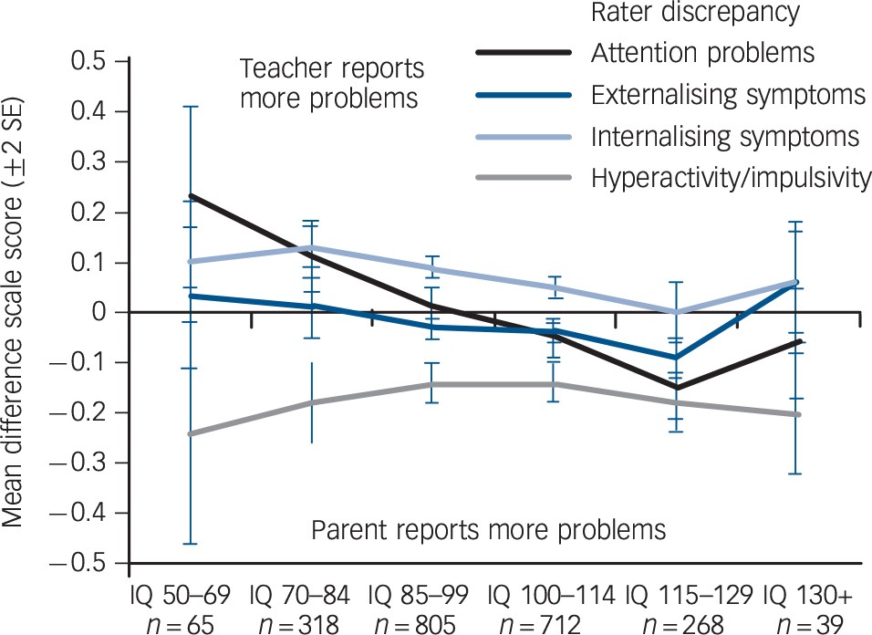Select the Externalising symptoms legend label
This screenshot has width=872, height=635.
727,94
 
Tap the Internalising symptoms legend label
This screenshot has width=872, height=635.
724,137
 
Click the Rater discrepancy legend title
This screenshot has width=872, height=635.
695,13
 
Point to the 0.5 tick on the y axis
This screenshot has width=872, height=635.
92,62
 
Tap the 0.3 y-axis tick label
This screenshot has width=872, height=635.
92,162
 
